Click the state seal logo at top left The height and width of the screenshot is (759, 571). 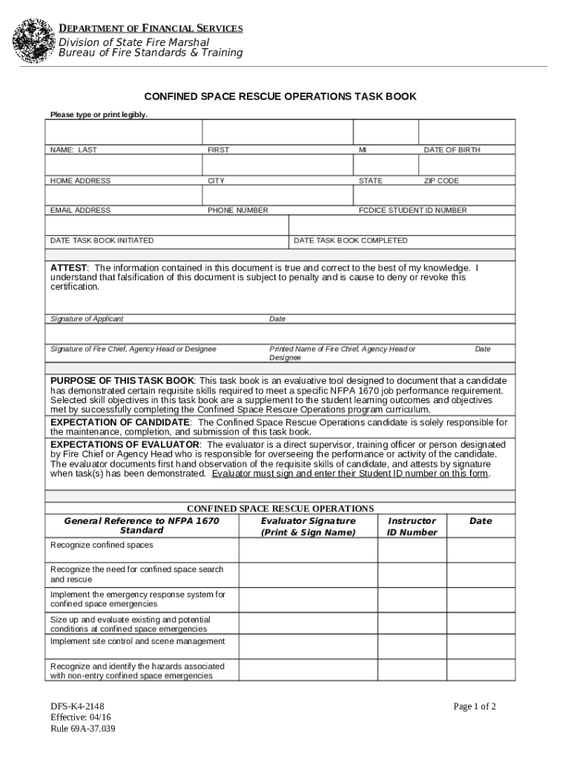tap(35, 41)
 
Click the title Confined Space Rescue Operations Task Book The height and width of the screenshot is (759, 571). tap(280, 96)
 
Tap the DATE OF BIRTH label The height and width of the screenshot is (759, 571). tap(452, 150)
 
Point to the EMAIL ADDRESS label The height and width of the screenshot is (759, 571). tap(80, 211)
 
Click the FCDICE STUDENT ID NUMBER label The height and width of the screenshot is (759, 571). tap(413, 211)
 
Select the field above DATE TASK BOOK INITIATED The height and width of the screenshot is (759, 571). tap(167, 225)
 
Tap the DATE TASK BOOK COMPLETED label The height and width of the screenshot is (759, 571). tap(351, 241)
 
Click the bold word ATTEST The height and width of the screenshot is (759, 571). tap(69, 268)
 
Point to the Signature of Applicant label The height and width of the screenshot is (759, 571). tap(87, 319)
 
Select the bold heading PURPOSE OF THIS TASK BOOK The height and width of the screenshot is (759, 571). tap(122, 380)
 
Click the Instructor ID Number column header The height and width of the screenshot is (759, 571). tap(412, 526)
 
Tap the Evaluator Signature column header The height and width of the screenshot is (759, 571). tap(308, 526)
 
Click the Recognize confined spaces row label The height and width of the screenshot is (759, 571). tap(102, 546)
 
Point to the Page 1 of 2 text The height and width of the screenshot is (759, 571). tap(475, 706)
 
